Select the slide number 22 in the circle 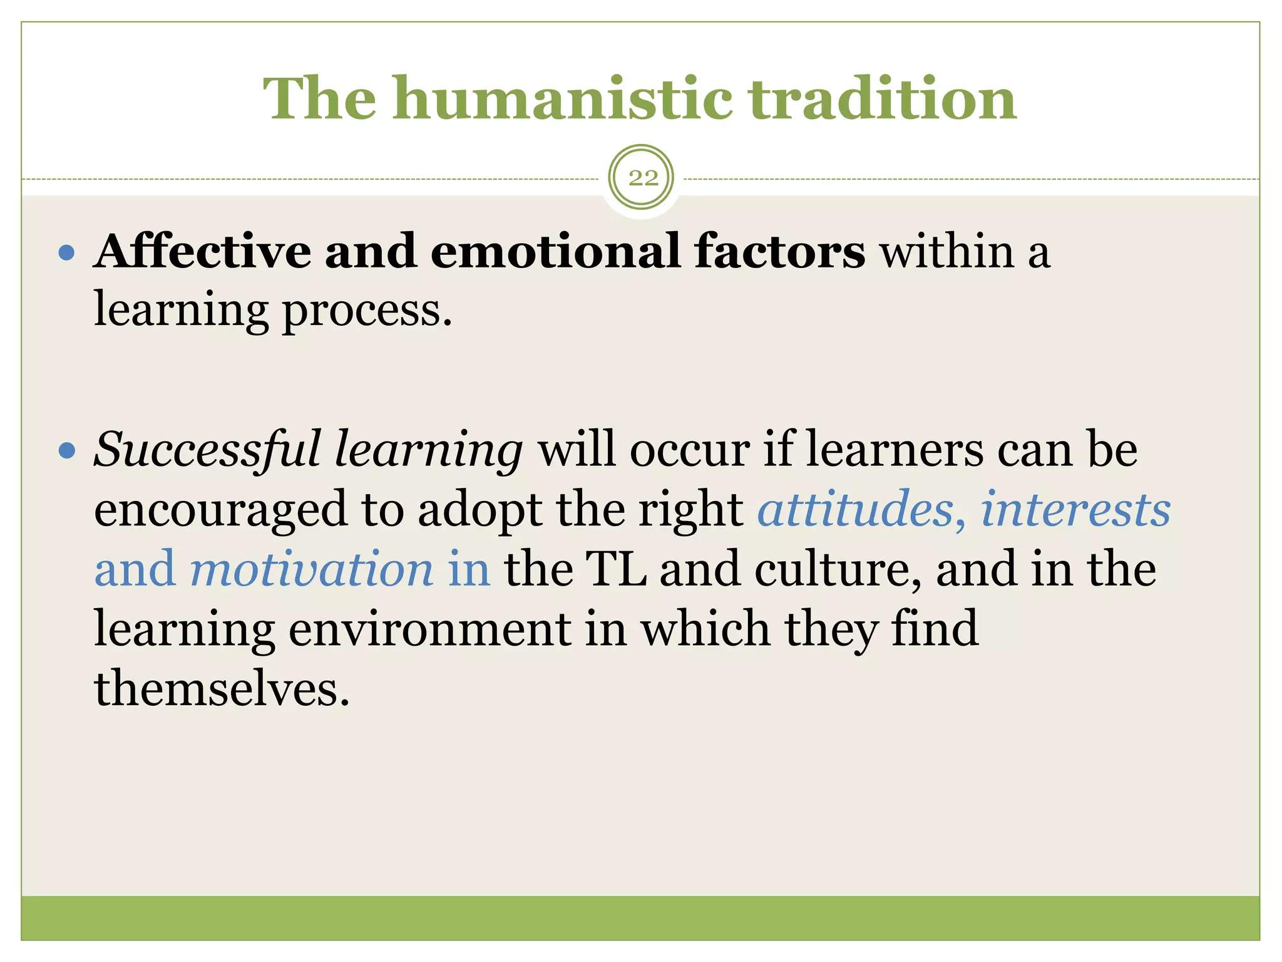click(642, 178)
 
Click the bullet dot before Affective click(66, 254)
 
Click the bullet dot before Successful click(66, 451)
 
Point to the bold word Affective click(202, 252)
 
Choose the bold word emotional click(555, 252)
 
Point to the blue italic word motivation click(311, 569)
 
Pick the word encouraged click(220, 510)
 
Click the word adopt click(479, 510)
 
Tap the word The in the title click(319, 99)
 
